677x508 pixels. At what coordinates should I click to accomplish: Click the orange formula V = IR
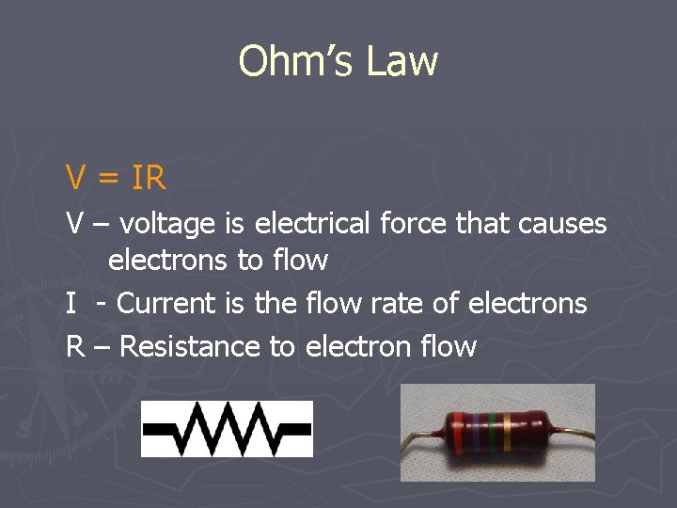pos(116,177)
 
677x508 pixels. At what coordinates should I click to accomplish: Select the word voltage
pos(168,225)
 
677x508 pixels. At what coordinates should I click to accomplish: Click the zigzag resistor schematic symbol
pos(227,428)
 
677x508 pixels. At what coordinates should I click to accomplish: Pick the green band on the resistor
pos(495,433)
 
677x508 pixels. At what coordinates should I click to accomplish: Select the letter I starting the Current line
pos(71,304)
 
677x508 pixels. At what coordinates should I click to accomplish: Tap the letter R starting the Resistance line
pos(74,346)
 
